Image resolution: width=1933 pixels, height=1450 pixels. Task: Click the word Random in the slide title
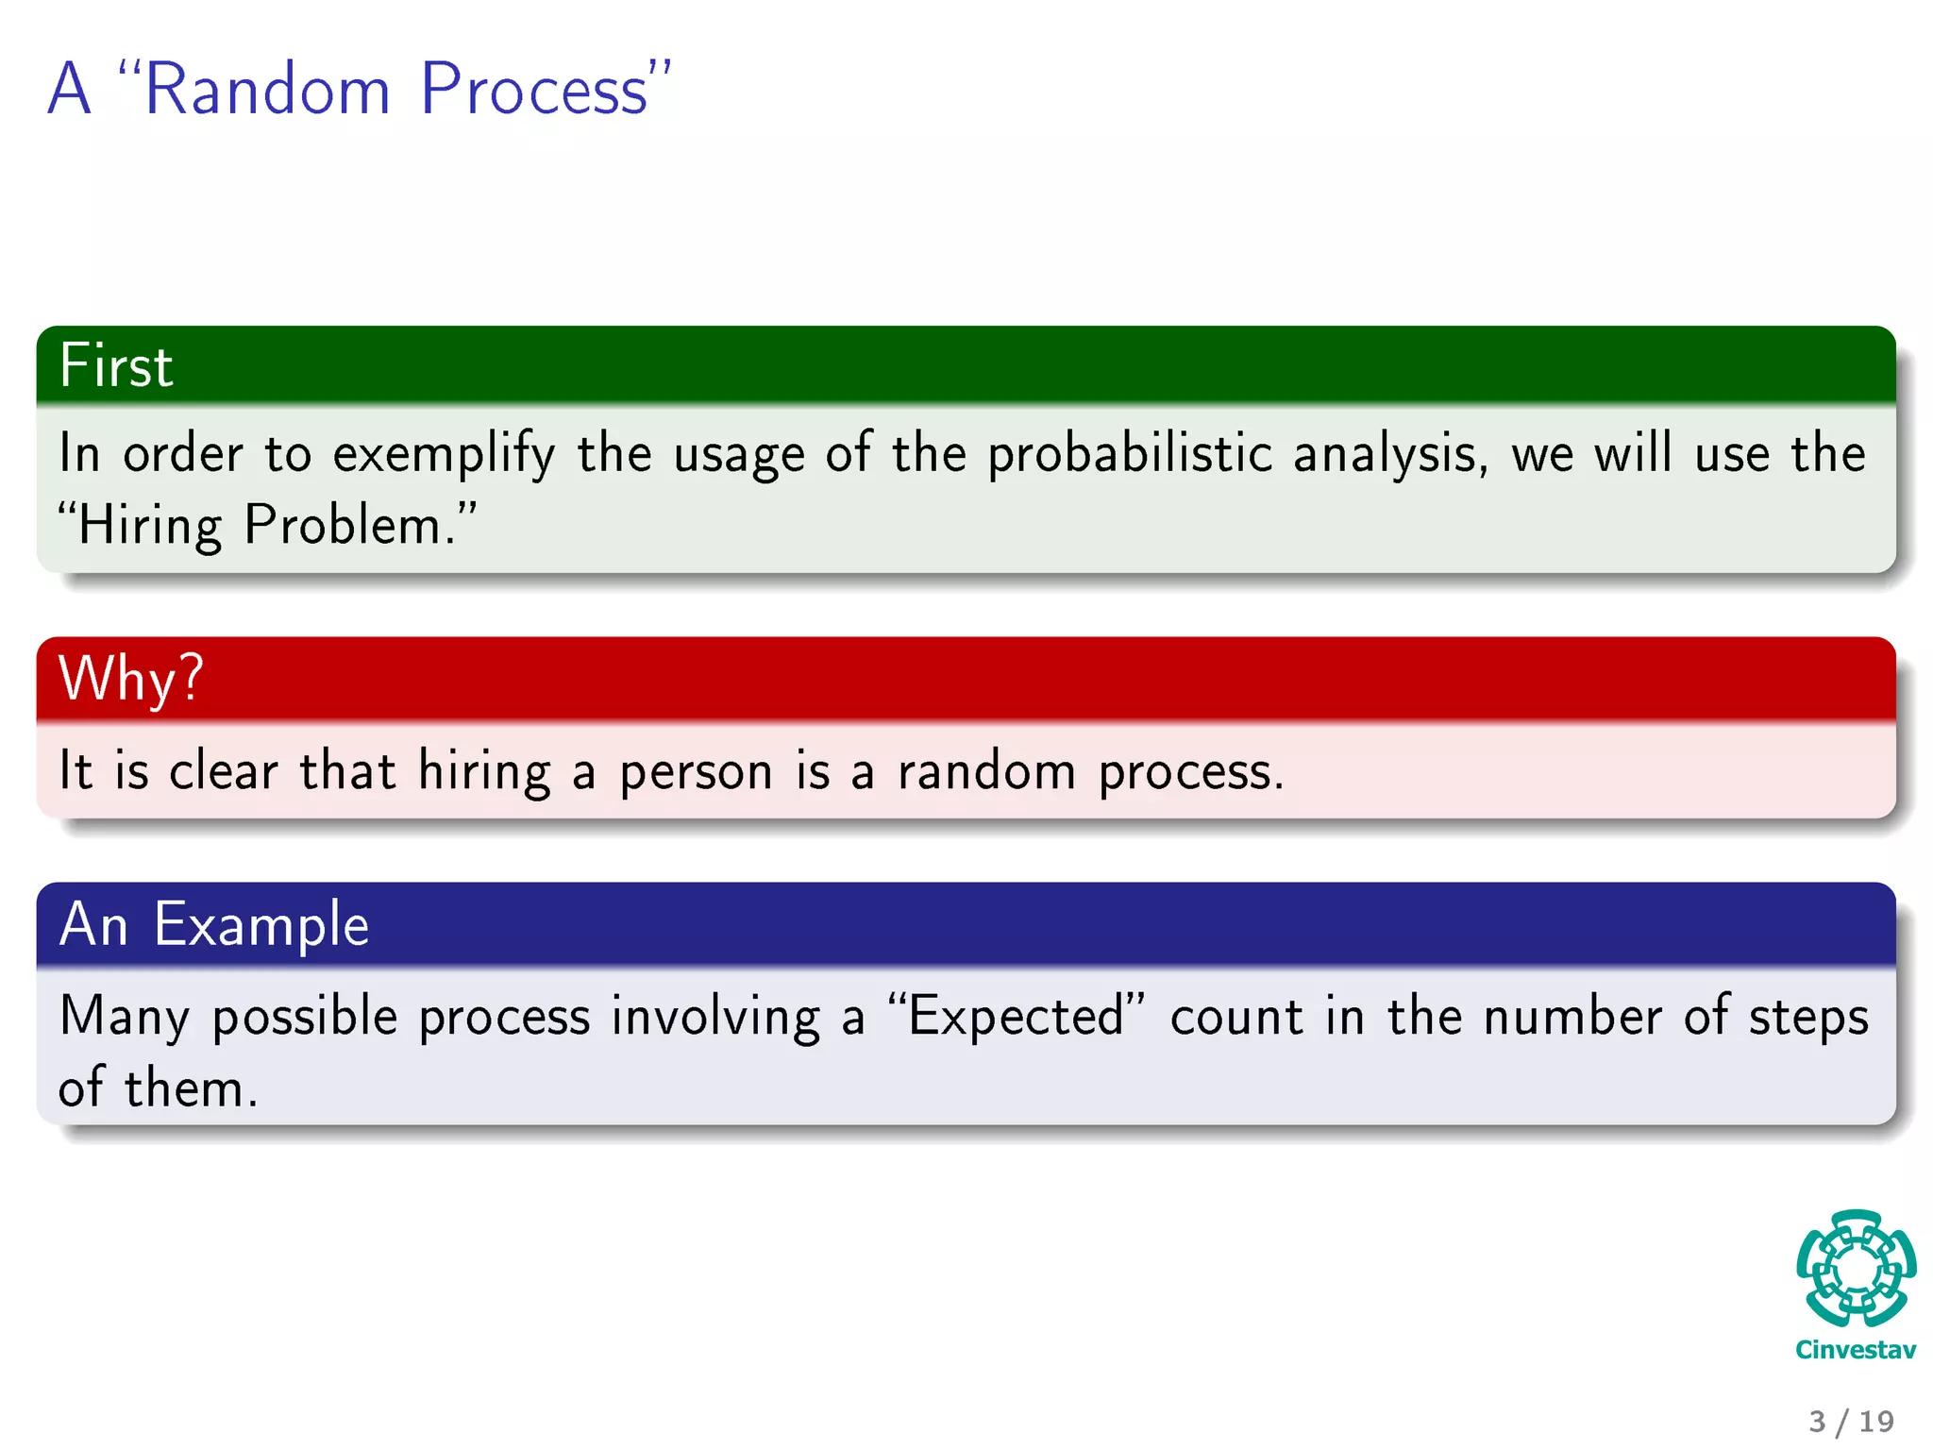point(267,91)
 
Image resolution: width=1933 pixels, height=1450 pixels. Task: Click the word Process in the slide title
point(533,91)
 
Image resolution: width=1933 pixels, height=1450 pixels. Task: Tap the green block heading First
point(116,366)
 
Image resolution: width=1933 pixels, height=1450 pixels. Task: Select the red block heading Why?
point(130,679)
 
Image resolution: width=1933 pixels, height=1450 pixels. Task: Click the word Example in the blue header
point(261,924)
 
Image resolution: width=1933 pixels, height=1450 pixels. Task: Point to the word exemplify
point(444,454)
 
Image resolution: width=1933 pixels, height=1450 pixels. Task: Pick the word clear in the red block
point(224,770)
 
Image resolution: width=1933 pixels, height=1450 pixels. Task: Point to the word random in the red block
point(986,770)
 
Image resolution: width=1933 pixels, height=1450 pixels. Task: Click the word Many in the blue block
point(124,1018)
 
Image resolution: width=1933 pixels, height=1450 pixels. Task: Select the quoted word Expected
point(1017,1017)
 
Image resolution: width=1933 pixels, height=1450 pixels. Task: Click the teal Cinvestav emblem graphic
point(1856,1269)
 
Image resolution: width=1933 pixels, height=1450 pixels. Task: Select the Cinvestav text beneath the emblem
point(1856,1350)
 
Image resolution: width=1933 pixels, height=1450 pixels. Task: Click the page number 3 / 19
point(1851,1421)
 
